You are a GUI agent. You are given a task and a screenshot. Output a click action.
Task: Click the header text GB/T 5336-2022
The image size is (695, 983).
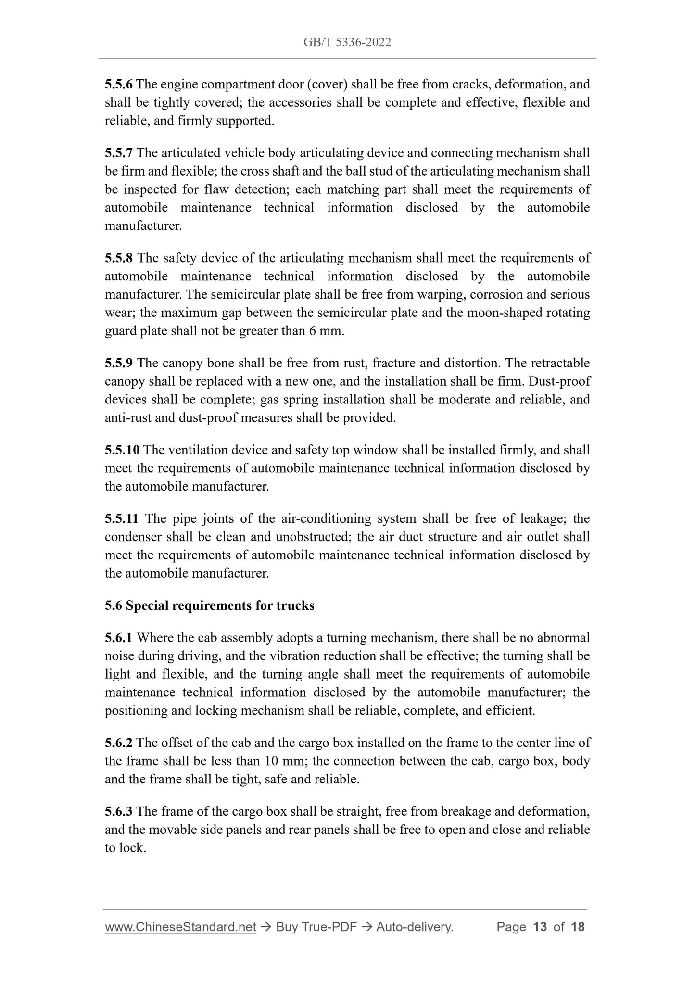(x=347, y=42)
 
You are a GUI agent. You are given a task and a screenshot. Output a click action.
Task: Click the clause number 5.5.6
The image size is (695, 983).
(x=118, y=85)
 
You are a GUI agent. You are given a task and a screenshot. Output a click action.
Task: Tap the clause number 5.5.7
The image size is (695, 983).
(x=118, y=153)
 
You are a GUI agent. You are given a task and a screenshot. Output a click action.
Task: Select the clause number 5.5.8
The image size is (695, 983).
(x=118, y=258)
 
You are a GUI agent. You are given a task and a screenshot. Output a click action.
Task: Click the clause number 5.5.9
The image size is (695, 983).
(x=118, y=363)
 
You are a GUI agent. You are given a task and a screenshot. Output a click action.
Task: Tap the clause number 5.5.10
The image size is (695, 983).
(x=122, y=450)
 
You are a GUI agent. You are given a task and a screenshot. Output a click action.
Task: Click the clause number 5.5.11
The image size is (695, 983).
(x=122, y=519)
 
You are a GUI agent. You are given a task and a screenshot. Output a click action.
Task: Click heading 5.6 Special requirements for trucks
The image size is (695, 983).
(x=209, y=605)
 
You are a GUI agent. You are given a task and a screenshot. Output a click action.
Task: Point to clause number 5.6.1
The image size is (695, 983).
(x=118, y=638)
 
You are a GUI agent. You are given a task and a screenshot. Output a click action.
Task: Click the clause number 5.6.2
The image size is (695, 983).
(x=118, y=743)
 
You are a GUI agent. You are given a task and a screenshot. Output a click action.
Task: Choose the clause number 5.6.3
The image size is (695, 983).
(x=118, y=812)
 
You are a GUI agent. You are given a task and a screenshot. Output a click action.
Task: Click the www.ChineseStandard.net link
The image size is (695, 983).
(x=180, y=927)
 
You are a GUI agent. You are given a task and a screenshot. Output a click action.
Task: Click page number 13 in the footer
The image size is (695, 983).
(x=540, y=927)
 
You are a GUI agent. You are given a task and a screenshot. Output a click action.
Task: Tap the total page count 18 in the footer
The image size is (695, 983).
(x=578, y=927)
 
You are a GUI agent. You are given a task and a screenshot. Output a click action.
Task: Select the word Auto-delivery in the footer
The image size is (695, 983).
(x=415, y=927)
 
